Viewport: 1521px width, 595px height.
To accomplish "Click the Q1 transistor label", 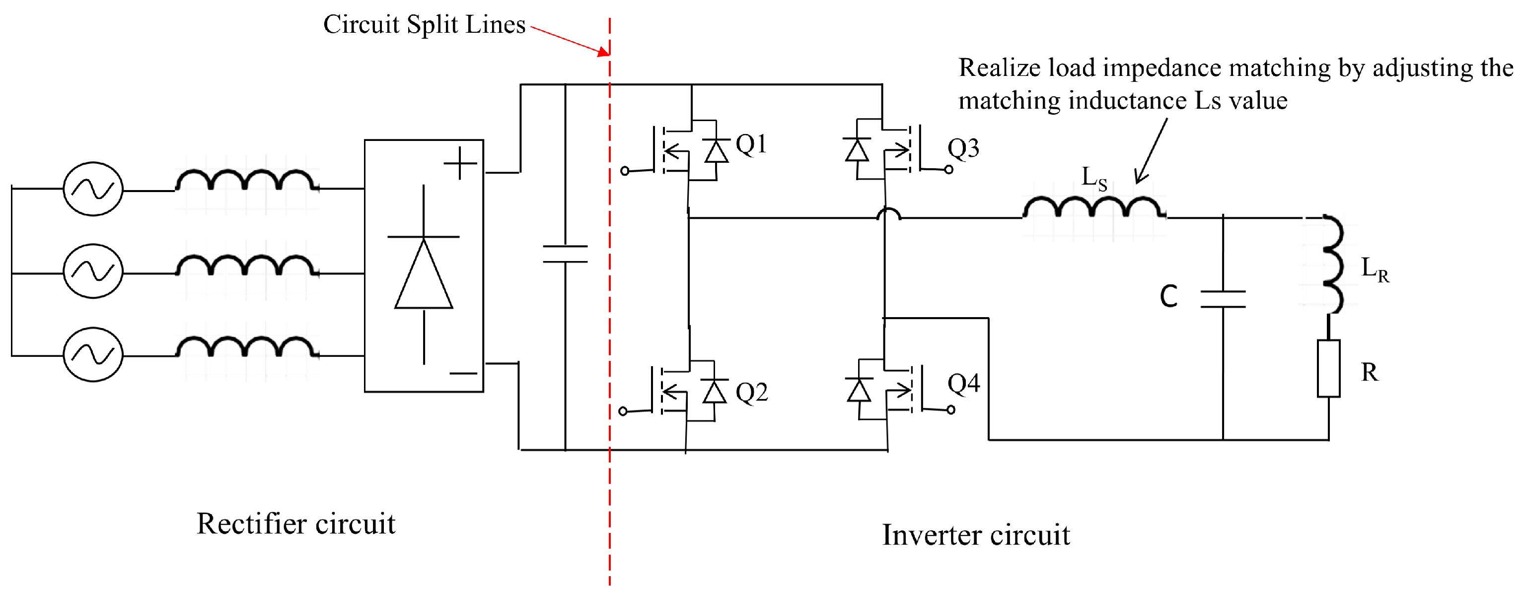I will (x=751, y=144).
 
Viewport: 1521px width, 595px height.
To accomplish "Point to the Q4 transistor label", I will (x=964, y=384).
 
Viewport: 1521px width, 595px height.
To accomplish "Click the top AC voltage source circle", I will (x=93, y=189).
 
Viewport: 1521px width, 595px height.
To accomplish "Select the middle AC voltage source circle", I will (x=93, y=271).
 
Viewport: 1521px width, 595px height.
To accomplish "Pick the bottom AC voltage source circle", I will (x=93, y=355).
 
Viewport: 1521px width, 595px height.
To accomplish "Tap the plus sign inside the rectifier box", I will (x=460, y=163).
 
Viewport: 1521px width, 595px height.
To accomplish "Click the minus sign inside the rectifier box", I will (x=463, y=374).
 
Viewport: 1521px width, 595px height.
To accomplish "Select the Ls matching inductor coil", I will (x=1094, y=208).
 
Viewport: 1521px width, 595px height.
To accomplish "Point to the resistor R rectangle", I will (x=1328, y=368).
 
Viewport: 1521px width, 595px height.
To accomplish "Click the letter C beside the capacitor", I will (x=1168, y=296).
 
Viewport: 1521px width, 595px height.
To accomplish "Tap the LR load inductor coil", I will (x=1332, y=264).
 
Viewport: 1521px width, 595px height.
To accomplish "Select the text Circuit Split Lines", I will (x=424, y=25).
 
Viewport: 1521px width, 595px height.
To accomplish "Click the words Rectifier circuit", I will (x=296, y=524).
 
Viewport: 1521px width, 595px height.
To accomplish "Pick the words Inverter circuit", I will (x=975, y=535).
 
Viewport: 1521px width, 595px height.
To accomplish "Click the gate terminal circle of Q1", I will (x=625, y=171).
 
